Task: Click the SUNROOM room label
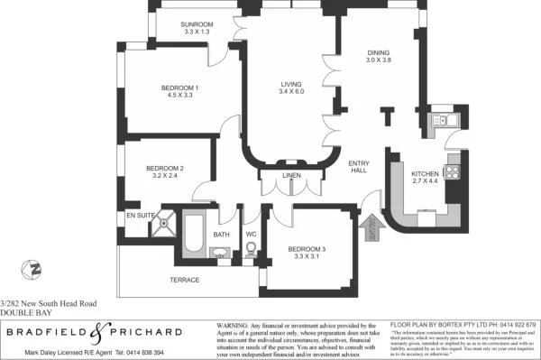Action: pos(197,24)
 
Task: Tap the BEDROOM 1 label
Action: pos(179,88)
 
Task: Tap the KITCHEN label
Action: pos(424,173)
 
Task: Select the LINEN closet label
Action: pos(290,175)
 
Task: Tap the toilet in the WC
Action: pos(252,249)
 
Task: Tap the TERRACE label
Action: pos(184,280)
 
